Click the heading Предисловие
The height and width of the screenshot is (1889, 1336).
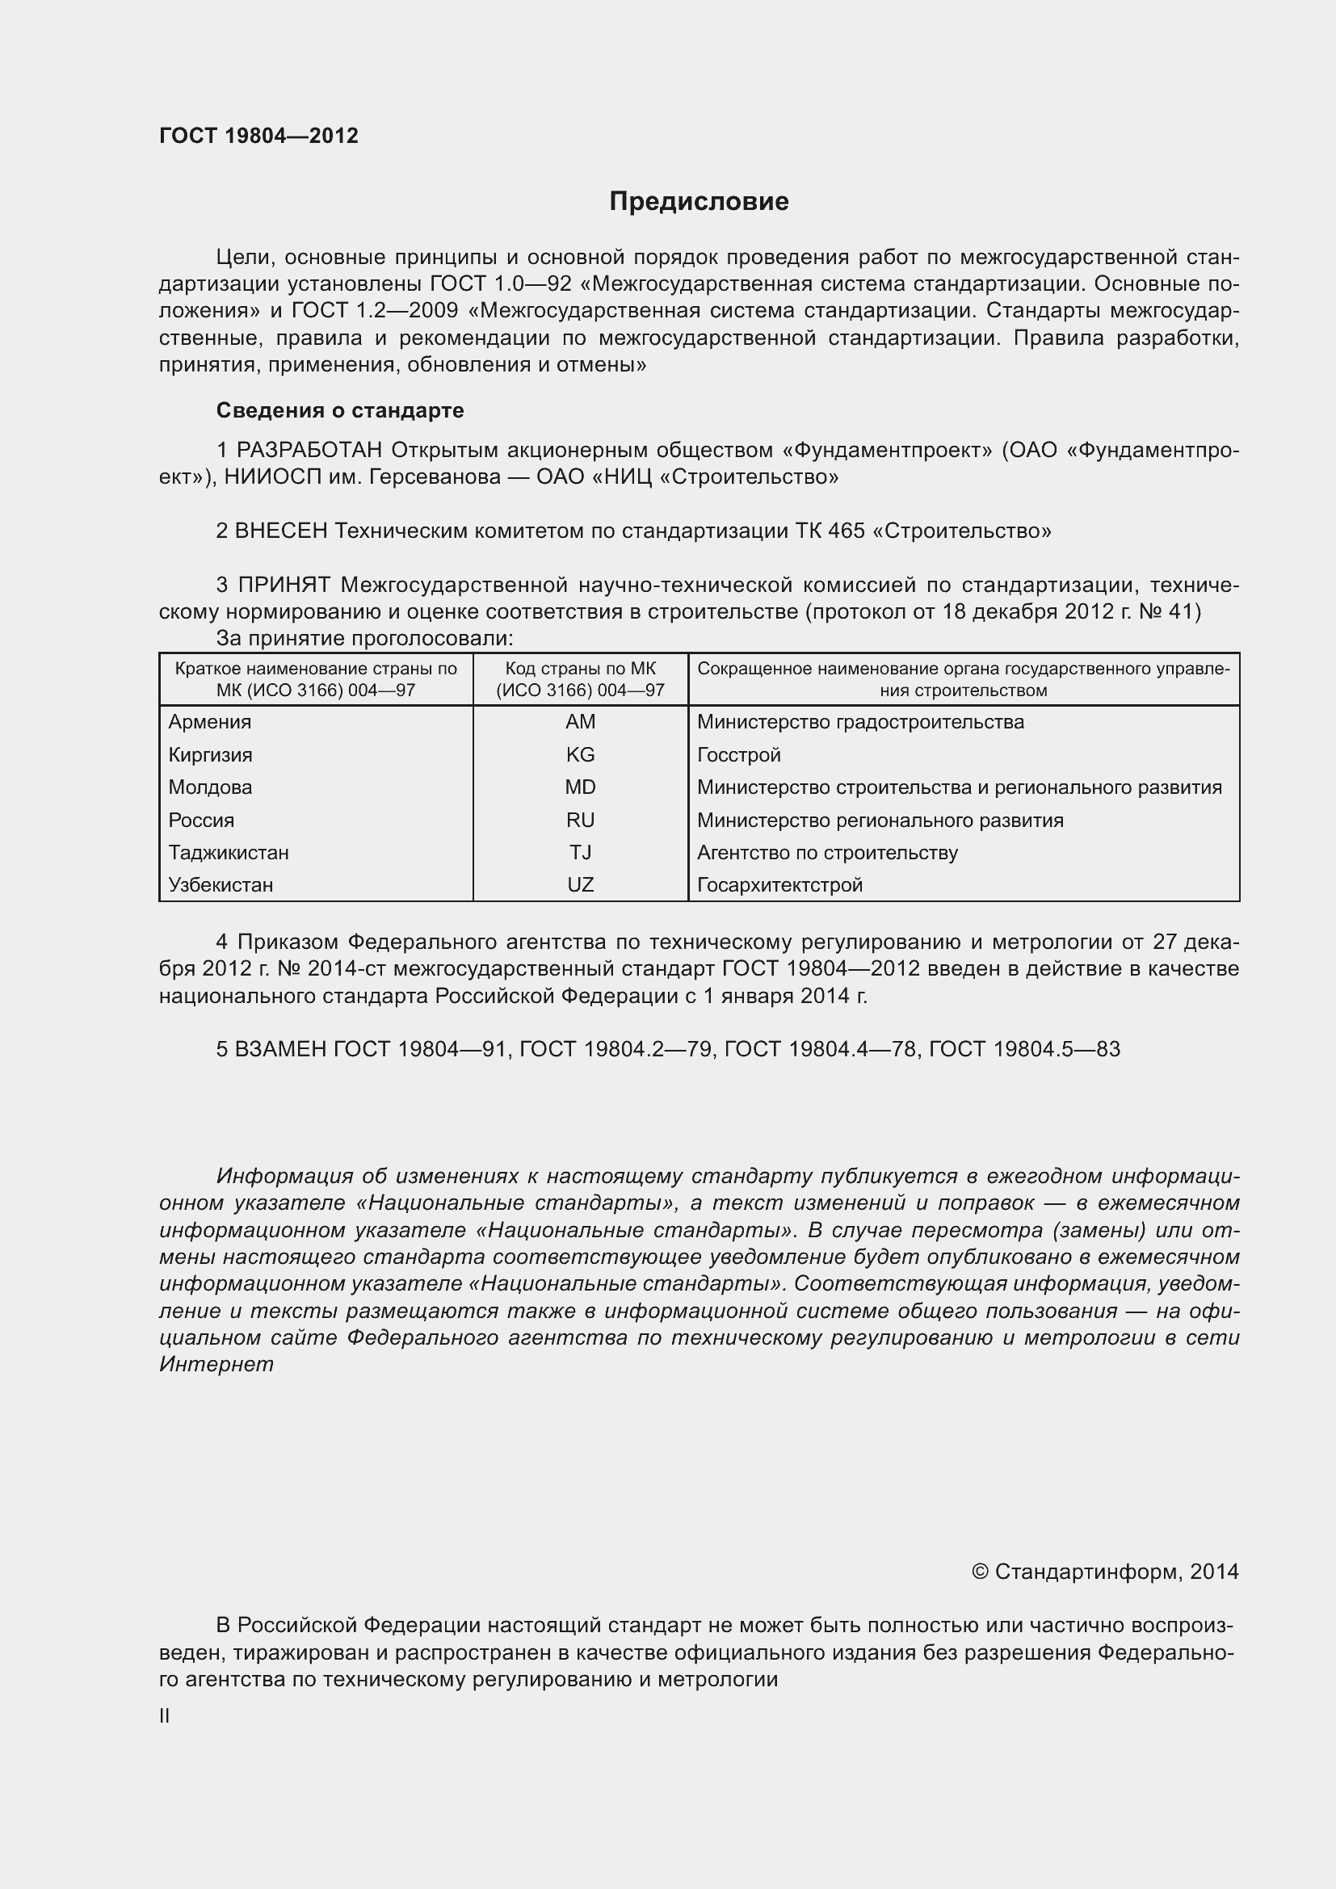(x=699, y=201)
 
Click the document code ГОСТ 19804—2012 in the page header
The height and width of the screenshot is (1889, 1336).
(x=258, y=136)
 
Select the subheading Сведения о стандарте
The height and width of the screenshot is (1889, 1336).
(x=340, y=409)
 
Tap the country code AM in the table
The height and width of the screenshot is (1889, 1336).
(x=580, y=721)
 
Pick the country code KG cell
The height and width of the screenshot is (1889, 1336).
(x=580, y=754)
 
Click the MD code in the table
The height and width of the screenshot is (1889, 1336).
(x=580, y=787)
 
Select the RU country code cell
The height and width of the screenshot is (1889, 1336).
(x=580, y=820)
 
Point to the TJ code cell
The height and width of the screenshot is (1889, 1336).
(x=580, y=852)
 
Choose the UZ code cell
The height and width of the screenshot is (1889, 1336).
(x=580, y=884)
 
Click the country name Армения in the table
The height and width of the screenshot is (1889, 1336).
(x=210, y=721)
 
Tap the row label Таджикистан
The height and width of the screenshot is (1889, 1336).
(x=229, y=852)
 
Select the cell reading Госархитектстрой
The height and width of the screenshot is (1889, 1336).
(x=779, y=884)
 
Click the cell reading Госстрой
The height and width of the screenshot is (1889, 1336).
(x=739, y=754)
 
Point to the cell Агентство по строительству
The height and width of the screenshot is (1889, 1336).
(x=827, y=852)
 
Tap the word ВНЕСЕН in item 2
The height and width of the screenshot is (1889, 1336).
(x=281, y=531)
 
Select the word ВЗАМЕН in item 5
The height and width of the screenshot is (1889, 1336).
(x=281, y=1049)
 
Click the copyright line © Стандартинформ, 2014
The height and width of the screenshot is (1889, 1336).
(x=1104, y=1572)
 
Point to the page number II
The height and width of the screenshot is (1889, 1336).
(x=165, y=1716)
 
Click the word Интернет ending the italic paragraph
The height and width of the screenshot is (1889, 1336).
(x=216, y=1364)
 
